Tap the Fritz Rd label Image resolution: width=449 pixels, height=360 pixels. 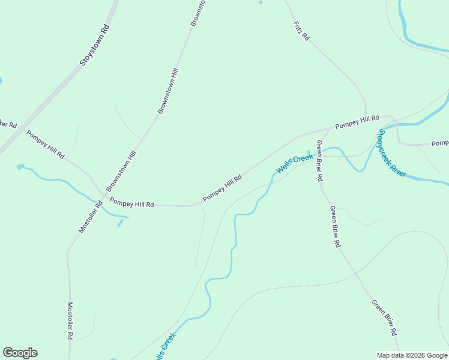pyautogui.click(x=301, y=31)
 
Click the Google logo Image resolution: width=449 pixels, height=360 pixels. pyautogui.click(x=20, y=352)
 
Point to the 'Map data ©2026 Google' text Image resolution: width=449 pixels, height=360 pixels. pyautogui.click(x=412, y=355)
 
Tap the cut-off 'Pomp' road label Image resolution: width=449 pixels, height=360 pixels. pyautogui.click(x=440, y=143)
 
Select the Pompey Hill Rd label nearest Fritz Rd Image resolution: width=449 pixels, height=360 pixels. pyautogui.click(x=357, y=122)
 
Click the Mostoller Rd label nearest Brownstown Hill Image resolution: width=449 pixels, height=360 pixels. pyautogui.click(x=91, y=217)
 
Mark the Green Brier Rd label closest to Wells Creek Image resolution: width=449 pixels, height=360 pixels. pyautogui.click(x=319, y=161)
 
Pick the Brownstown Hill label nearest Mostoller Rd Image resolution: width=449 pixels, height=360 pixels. pyautogui.click(x=121, y=171)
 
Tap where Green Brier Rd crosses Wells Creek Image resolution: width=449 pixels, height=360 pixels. pyautogui.click(x=317, y=151)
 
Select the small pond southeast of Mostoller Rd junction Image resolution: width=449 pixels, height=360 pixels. pyautogui.click(x=120, y=223)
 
